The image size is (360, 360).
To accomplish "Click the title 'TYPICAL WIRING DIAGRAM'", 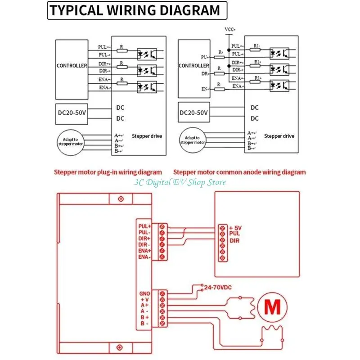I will [x=135, y=10].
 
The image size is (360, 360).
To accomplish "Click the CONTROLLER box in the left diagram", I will [x=72, y=66].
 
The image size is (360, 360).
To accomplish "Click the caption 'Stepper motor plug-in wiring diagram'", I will [x=108, y=172].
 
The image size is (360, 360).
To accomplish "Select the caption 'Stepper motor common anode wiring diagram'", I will [x=239, y=172].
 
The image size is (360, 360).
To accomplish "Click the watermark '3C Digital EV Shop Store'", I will [x=179, y=182].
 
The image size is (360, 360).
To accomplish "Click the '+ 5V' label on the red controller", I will [x=235, y=228].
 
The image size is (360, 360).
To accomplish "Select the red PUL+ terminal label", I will [x=145, y=226].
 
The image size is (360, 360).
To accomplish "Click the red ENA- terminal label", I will [x=145, y=257].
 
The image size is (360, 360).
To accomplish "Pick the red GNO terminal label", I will [x=145, y=293].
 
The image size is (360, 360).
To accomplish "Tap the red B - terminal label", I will [x=145, y=323].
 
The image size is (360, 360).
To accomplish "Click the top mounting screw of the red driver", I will [x=120, y=199].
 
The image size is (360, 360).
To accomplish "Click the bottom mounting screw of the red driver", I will [x=120, y=347].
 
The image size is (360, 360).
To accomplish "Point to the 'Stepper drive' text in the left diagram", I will [x=147, y=136].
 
